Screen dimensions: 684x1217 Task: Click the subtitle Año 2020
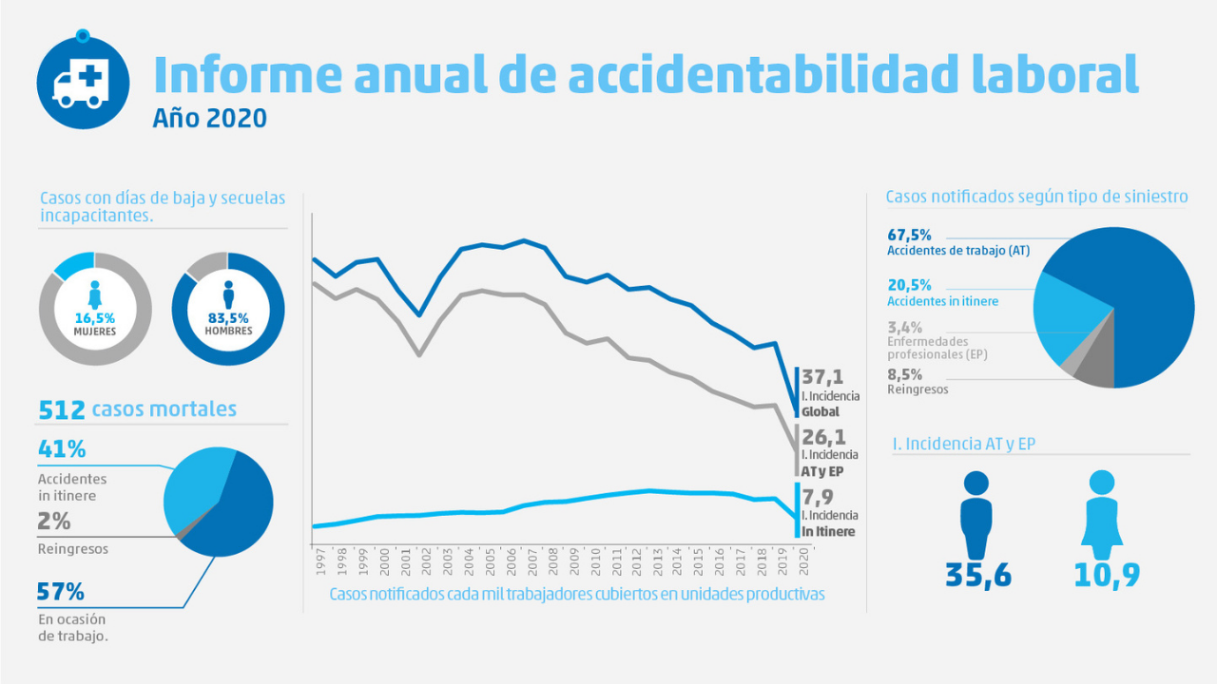pyautogui.click(x=209, y=119)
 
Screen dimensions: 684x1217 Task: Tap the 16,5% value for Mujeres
pyautogui.click(x=94, y=317)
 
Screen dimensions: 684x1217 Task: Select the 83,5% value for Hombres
pyautogui.click(x=228, y=317)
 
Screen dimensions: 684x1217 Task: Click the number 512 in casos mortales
pyautogui.click(x=61, y=409)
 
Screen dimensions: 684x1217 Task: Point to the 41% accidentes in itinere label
pyautogui.click(x=62, y=448)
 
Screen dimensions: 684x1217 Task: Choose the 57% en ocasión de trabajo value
pyautogui.click(x=62, y=592)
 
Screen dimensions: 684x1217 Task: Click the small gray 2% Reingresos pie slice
pyautogui.click(x=180, y=534)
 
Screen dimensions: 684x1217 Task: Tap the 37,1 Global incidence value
pyautogui.click(x=822, y=378)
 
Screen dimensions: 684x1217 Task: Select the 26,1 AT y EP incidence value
pyautogui.click(x=822, y=437)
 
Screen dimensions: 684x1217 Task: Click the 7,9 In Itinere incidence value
pyautogui.click(x=818, y=496)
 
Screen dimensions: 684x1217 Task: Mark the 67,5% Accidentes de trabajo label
pyautogui.click(x=909, y=235)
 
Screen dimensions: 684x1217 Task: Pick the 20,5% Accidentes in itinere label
pyautogui.click(x=909, y=285)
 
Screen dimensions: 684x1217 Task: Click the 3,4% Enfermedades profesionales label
pyautogui.click(x=904, y=328)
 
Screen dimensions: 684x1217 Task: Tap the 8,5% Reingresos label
pyautogui.click(x=903, y=373)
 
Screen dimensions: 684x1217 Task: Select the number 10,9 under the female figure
pyautogui.click(x=1107, y=575)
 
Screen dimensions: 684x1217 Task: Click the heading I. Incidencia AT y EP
pyautogui.click(x=964, y=444)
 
